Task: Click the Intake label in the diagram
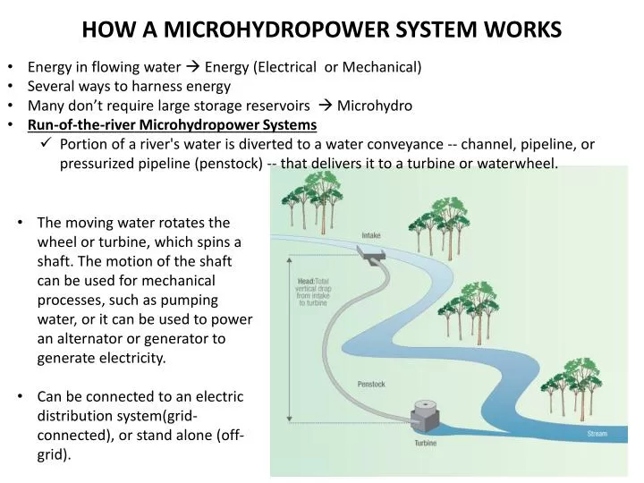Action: [x=370, y=235]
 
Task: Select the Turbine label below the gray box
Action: [x=425, y=443]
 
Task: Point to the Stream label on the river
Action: [x=597, y=434]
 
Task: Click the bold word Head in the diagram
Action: [x=305, y=281]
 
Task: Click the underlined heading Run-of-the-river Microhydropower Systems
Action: [x=172, y=124]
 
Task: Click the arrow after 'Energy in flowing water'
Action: [x=192, y=67]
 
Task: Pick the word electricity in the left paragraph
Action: [x=131, y=359]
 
